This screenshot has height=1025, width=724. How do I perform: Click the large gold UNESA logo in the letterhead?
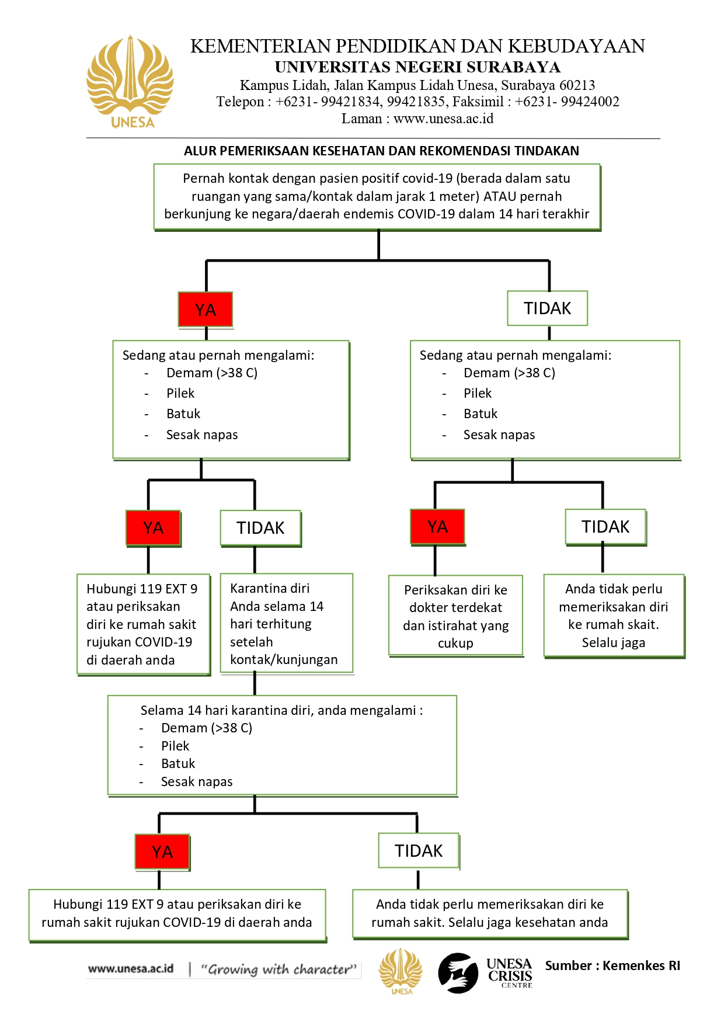click(130, 82)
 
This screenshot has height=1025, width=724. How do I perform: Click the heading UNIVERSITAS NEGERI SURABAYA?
click(417, 67)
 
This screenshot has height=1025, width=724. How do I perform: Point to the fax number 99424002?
click(590, 102)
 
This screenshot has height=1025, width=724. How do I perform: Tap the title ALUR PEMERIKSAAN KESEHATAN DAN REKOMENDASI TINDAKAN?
click(381, 151)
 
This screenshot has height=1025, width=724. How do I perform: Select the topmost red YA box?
click(206, 309)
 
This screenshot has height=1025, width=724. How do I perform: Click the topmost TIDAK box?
click(547, 308)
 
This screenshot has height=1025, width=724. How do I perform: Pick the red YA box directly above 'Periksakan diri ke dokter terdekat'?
click(437, 527)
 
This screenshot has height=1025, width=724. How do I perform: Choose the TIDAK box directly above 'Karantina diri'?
click(260, 528)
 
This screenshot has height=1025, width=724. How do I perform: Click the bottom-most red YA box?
click(162, 852)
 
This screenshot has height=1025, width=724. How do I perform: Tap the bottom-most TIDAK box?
click(419, 851)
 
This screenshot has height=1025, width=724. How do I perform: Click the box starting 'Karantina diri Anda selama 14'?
click(287, 623)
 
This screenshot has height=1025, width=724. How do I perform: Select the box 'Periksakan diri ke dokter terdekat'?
click(456, 616)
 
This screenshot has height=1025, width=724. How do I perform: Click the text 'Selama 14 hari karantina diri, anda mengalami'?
click(281, 710)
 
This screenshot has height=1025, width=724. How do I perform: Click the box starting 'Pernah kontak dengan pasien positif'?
click(377, 197)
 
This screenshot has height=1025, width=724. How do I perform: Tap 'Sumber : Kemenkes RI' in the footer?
click(612, 965)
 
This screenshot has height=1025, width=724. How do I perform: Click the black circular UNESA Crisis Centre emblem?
click(458, 973)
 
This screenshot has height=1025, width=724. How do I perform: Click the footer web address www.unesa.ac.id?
click(131, 968)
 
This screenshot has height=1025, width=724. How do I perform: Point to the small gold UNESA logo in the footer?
click(400, 971)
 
